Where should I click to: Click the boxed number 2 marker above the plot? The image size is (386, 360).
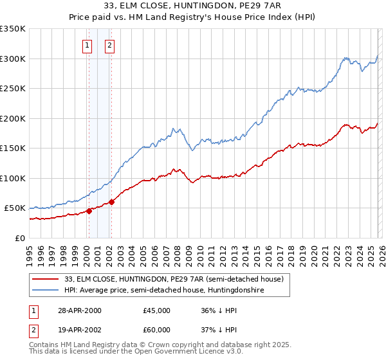pyautogui.click(x=111, y=45)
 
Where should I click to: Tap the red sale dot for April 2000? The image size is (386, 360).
pyautogui.click(x=89, y=211)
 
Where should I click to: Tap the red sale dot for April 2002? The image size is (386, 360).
pyautogui.click(x=111, y=202)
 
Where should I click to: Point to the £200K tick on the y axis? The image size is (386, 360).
pyautogui.click(x=13, y=118)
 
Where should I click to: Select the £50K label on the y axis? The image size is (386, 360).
pyautogui.click(x=15, y=208)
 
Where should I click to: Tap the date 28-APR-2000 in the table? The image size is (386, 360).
pyautogui.click(x=79, y=310)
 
